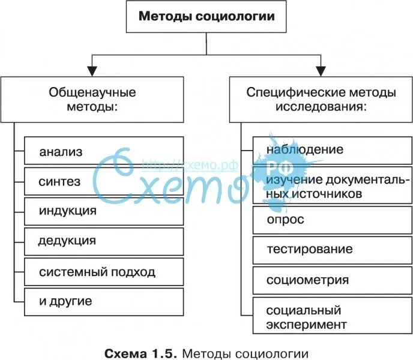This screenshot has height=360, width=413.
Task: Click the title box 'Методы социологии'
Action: point(206,16)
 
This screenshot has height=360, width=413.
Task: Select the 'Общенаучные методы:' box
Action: point(92,100)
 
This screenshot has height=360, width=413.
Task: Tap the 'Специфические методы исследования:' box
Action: point(321,100)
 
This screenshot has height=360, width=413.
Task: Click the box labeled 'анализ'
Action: point(103,151)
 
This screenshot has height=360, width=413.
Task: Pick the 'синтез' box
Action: point(103,181)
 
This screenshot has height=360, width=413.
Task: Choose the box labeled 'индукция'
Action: point(103,211)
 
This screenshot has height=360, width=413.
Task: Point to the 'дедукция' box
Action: point(103,241)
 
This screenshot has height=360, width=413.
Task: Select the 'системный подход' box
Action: point(103,272)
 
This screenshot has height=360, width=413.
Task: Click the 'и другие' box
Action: point(103,301)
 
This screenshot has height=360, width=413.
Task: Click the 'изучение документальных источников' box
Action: point(332,187)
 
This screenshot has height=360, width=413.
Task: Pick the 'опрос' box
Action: point(332,220)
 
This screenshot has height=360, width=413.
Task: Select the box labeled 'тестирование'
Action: point(332,250)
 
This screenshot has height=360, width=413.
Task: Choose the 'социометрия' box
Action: point(332,280)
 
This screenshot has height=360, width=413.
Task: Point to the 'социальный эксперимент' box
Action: point(332,317)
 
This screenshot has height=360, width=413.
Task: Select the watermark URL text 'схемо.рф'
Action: point(191,164)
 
